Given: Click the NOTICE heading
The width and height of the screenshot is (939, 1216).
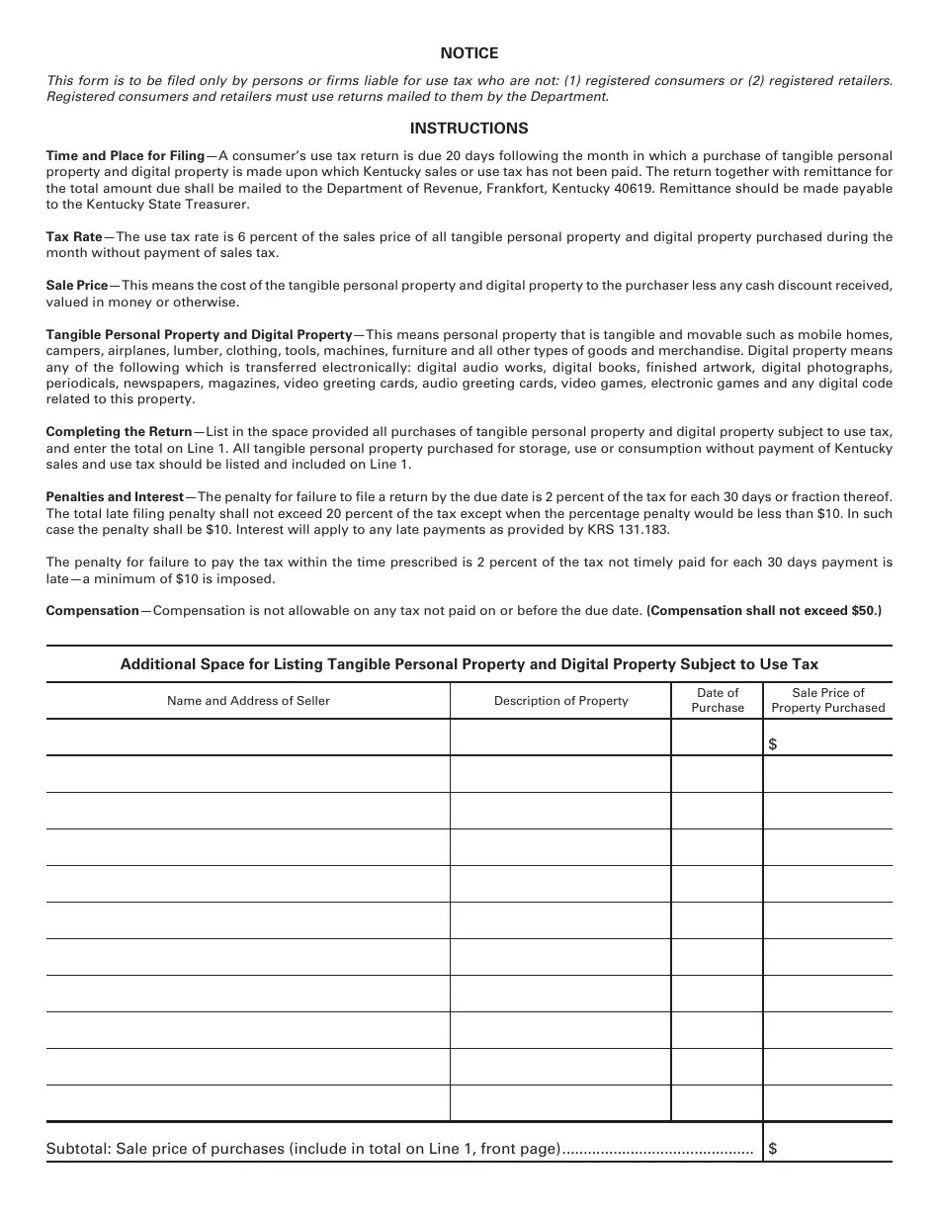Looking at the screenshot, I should point(469,53).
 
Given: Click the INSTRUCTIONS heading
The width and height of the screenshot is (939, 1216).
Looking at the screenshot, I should point(469,129).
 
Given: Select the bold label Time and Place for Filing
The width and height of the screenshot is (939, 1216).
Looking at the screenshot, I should point(125,156).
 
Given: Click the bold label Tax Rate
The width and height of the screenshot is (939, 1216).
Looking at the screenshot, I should point(74,237).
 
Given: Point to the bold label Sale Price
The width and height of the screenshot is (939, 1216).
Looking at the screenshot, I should point(77,286).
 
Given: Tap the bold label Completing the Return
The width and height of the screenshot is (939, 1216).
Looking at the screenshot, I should point(119,432).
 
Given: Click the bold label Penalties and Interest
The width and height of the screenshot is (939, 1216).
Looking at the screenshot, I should point(115,497).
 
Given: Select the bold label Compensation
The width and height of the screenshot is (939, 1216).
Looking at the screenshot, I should point(93,611).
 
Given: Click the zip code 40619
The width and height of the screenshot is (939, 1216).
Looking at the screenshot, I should point(633,189).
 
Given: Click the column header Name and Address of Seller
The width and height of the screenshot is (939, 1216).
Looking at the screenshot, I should point(248,701).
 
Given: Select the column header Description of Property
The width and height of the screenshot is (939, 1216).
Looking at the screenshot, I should point(560,701).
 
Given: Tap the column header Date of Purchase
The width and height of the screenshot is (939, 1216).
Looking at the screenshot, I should point(718,700).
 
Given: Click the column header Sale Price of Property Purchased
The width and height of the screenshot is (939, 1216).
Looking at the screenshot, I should point(828,700).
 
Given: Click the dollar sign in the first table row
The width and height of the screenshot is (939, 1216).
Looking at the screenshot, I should point(772,744).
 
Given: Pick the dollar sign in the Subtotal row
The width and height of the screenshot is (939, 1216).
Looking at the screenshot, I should point(772,1149).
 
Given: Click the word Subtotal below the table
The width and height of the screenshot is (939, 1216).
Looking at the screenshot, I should point(77,1149).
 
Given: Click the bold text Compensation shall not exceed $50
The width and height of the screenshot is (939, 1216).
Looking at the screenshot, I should point(763,611).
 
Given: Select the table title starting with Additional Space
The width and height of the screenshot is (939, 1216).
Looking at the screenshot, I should point(469,664).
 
